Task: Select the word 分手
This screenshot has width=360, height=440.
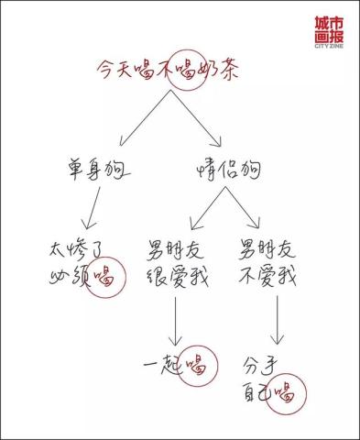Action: [x=261, y=364]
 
